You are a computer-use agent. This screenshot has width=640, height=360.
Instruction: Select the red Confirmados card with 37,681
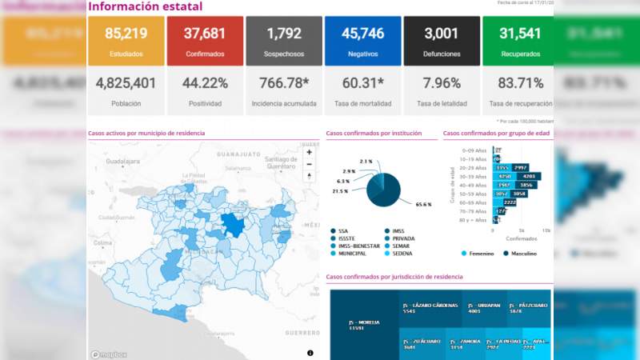click(203, 41)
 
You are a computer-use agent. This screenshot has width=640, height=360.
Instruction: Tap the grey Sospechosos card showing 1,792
click(282, 41)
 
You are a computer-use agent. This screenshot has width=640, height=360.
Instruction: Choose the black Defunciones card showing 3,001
click(441, 41)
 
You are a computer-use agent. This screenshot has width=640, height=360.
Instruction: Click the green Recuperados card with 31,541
click(519, 41)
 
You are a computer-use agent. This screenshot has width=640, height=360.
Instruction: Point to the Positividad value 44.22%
click(204, 83)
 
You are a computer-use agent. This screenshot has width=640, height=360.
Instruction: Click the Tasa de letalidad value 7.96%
click(441, 83)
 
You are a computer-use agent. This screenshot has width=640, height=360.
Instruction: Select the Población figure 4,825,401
click(125, 83)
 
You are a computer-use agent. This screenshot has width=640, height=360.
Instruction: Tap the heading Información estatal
click(145, 7)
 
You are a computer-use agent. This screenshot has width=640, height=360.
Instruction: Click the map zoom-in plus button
click(310, 152)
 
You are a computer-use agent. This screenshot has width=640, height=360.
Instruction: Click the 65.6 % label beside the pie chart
click(423, 204)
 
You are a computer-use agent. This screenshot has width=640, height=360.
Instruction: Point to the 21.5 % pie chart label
click(341, 191)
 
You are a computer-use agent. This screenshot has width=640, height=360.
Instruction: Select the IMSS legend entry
click(398, 230)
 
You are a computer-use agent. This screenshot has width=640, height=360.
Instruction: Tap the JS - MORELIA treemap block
click(364, 325)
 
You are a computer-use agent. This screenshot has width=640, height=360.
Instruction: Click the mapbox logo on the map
click(106, 354)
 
